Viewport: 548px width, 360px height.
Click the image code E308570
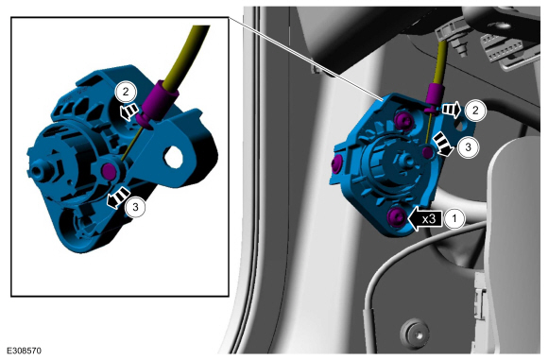point(25,351)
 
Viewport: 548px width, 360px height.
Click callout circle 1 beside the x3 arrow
point(454,219)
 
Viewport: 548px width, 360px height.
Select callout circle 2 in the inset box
point(126,92)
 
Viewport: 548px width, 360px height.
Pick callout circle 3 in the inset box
point(135,207)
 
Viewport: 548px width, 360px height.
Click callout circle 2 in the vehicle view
point(475,111)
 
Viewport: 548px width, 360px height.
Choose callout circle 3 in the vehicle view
point(469,146)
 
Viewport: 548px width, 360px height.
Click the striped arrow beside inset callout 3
point(118,197)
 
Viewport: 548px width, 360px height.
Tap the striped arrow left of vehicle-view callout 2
point(452,110)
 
